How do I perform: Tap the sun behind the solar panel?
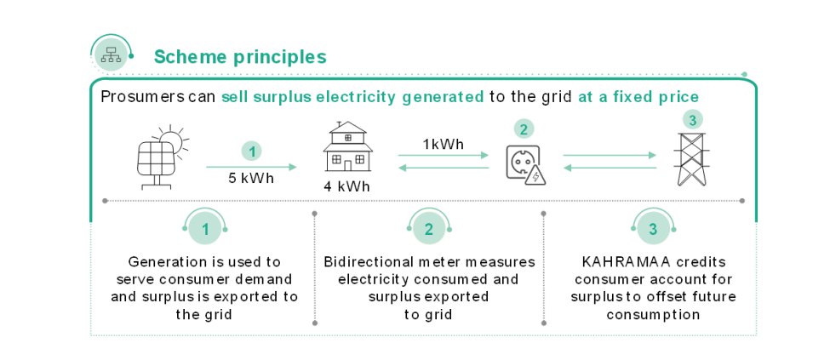[x=172, y=140]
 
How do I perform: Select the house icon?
[x=347, y=147]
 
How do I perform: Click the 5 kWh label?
[x=250, y=178]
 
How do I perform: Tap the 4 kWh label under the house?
[x=347, y=186]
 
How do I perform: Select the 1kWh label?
[x=443, y=144]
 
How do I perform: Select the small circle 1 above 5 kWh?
[x=251, y=151]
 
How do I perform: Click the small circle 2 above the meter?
[x=524, y=129]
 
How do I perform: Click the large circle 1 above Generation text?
[x=205, y=228]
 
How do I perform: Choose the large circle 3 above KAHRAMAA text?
[x=653, y=228]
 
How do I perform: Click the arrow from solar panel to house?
[x=251, y=167]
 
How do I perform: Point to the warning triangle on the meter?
[x=535, y=176]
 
